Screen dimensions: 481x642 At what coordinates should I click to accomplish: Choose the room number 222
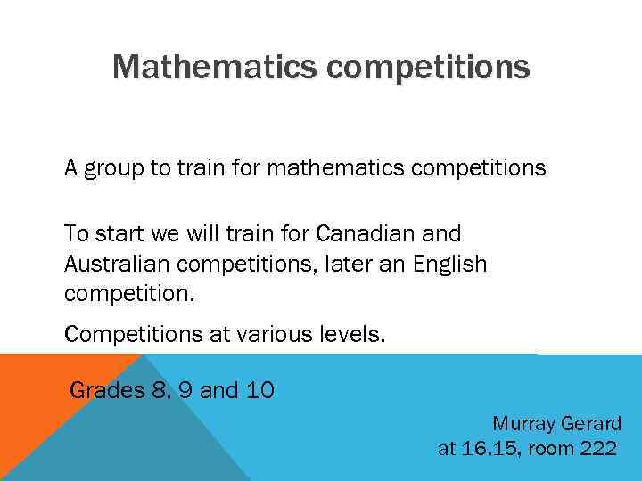[597, 448]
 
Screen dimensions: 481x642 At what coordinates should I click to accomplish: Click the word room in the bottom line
[551, 448]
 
